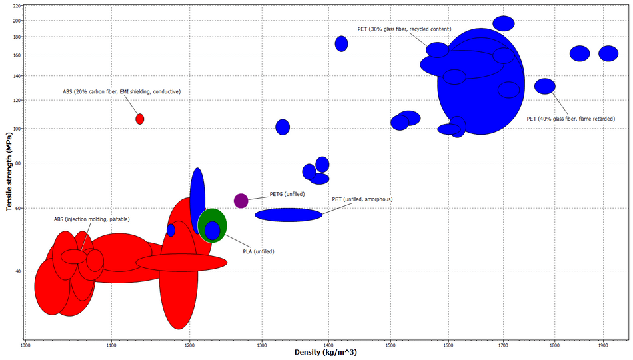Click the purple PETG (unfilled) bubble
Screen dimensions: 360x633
(x=241, y=201)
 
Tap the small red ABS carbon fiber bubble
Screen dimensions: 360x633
(x=140, y=119)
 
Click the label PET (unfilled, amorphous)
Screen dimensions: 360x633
(x=362, y=199)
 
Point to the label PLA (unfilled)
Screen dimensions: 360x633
(x=259, y=251)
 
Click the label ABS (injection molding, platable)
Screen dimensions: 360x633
(x=91, y=219)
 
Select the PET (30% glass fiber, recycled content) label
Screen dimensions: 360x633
(x=404, y=29)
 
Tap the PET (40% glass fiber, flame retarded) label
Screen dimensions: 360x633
(x=570, y=119)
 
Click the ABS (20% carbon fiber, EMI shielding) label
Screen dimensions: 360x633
(x=122, y=91)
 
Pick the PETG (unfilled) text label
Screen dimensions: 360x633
(x=287, y=194)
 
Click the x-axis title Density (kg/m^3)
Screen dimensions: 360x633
(x=326, y=352)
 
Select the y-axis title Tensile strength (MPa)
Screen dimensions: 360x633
(x=10, y=170)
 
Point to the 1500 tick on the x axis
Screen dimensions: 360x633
(x=391, y=345)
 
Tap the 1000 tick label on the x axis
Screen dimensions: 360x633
(x=25, y=345)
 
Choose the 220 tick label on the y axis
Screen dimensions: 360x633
(x=15, y=6)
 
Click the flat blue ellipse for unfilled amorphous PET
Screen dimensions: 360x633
(x=289, y=215)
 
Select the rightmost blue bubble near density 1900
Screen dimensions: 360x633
(x=608, y=54)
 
